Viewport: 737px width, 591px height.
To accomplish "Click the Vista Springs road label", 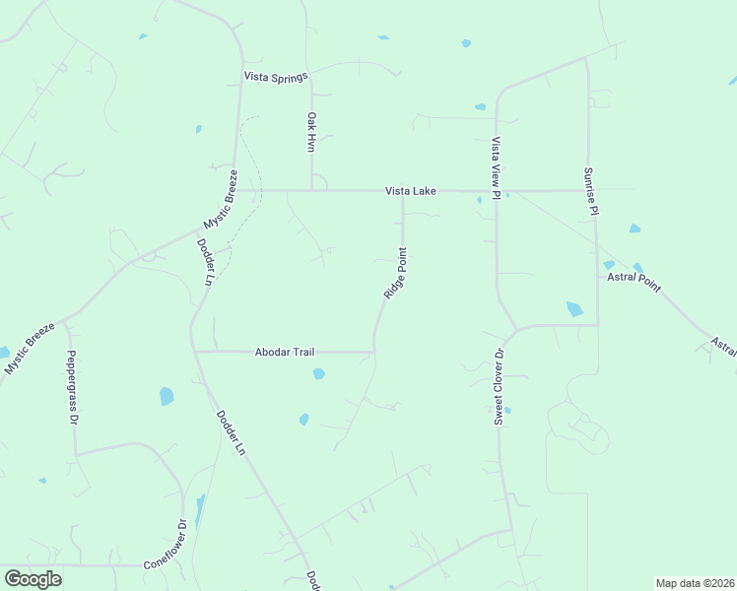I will (277, 76).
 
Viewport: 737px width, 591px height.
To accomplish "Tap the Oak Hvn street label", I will (311, 131).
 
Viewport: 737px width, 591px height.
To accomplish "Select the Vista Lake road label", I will (411, 191).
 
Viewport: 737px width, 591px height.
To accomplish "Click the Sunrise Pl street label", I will (590, 191).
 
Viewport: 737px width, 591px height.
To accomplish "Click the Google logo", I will (33, 578).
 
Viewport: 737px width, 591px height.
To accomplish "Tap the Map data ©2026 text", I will (694, 583).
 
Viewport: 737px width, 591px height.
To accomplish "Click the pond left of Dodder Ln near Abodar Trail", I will (167, 396).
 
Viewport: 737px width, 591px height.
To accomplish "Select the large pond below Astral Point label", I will (574, 309).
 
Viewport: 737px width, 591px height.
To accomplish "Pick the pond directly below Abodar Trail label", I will (318, 373).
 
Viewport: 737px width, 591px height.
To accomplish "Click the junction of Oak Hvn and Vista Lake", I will (312, 190).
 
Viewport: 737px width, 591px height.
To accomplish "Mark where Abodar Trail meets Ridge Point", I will (373, 351).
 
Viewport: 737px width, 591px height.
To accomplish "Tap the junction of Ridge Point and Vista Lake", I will (402, 191).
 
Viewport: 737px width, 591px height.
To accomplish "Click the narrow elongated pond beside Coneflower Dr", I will (200, 510).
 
